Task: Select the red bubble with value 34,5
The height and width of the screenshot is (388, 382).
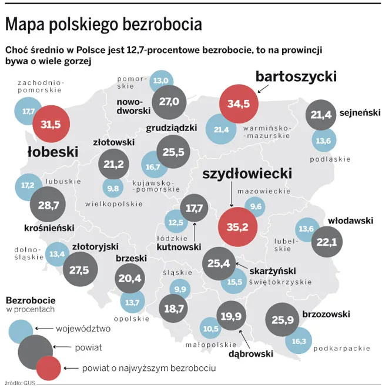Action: pos(239,103)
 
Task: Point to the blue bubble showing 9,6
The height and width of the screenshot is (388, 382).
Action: pos(256,207)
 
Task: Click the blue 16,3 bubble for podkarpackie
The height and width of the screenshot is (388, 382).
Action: pos(299,340)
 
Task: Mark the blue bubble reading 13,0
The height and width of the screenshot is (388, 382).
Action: pos(160,81)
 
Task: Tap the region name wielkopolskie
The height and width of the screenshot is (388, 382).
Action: pos(114,204)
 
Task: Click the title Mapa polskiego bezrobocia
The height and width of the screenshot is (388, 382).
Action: pos(103,25)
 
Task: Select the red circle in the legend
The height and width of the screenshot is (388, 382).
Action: pos(49,368)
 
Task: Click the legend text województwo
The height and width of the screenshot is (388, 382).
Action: pos(83,329)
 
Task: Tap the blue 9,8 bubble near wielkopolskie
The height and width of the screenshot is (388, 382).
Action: pos(113,188)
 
